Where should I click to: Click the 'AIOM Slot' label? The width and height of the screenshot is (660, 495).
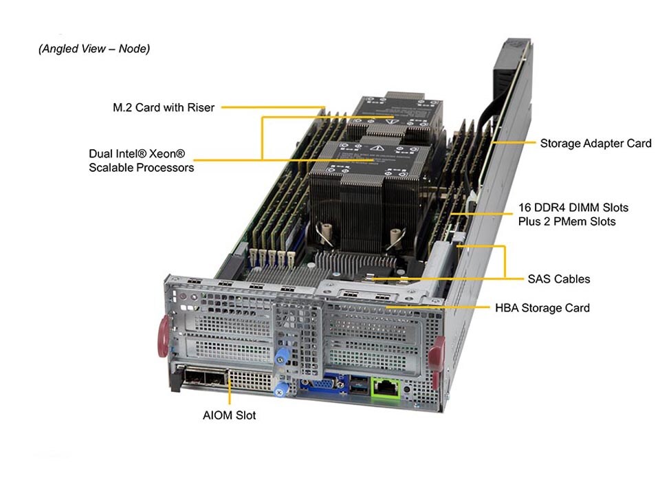229,415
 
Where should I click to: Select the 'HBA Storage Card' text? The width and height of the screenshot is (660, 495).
542,308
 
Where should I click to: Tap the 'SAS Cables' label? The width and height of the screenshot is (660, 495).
558,279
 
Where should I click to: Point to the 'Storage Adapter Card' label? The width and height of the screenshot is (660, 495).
595,144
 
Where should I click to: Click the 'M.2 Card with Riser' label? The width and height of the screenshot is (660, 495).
164,107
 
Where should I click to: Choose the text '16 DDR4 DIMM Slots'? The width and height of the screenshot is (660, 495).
573,208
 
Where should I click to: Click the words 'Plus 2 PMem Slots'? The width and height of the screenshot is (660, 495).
566,221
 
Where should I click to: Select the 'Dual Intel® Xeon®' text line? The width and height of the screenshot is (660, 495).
137,153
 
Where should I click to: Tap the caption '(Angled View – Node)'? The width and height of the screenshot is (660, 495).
94,49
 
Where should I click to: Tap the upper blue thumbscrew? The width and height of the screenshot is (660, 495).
280,359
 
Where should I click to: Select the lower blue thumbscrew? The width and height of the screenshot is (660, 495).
280,390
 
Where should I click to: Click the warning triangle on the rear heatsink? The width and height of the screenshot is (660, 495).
392,120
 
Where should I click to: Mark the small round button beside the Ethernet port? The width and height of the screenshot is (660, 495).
408,390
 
